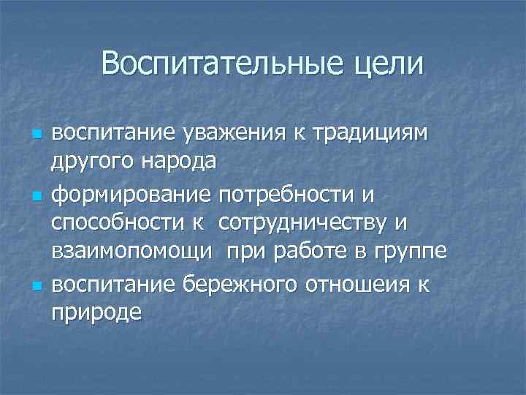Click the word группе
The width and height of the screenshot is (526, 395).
[x=407, y=251]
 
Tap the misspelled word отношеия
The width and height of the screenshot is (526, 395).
[x=353, y=281]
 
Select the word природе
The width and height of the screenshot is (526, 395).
[x=94, y=312]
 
